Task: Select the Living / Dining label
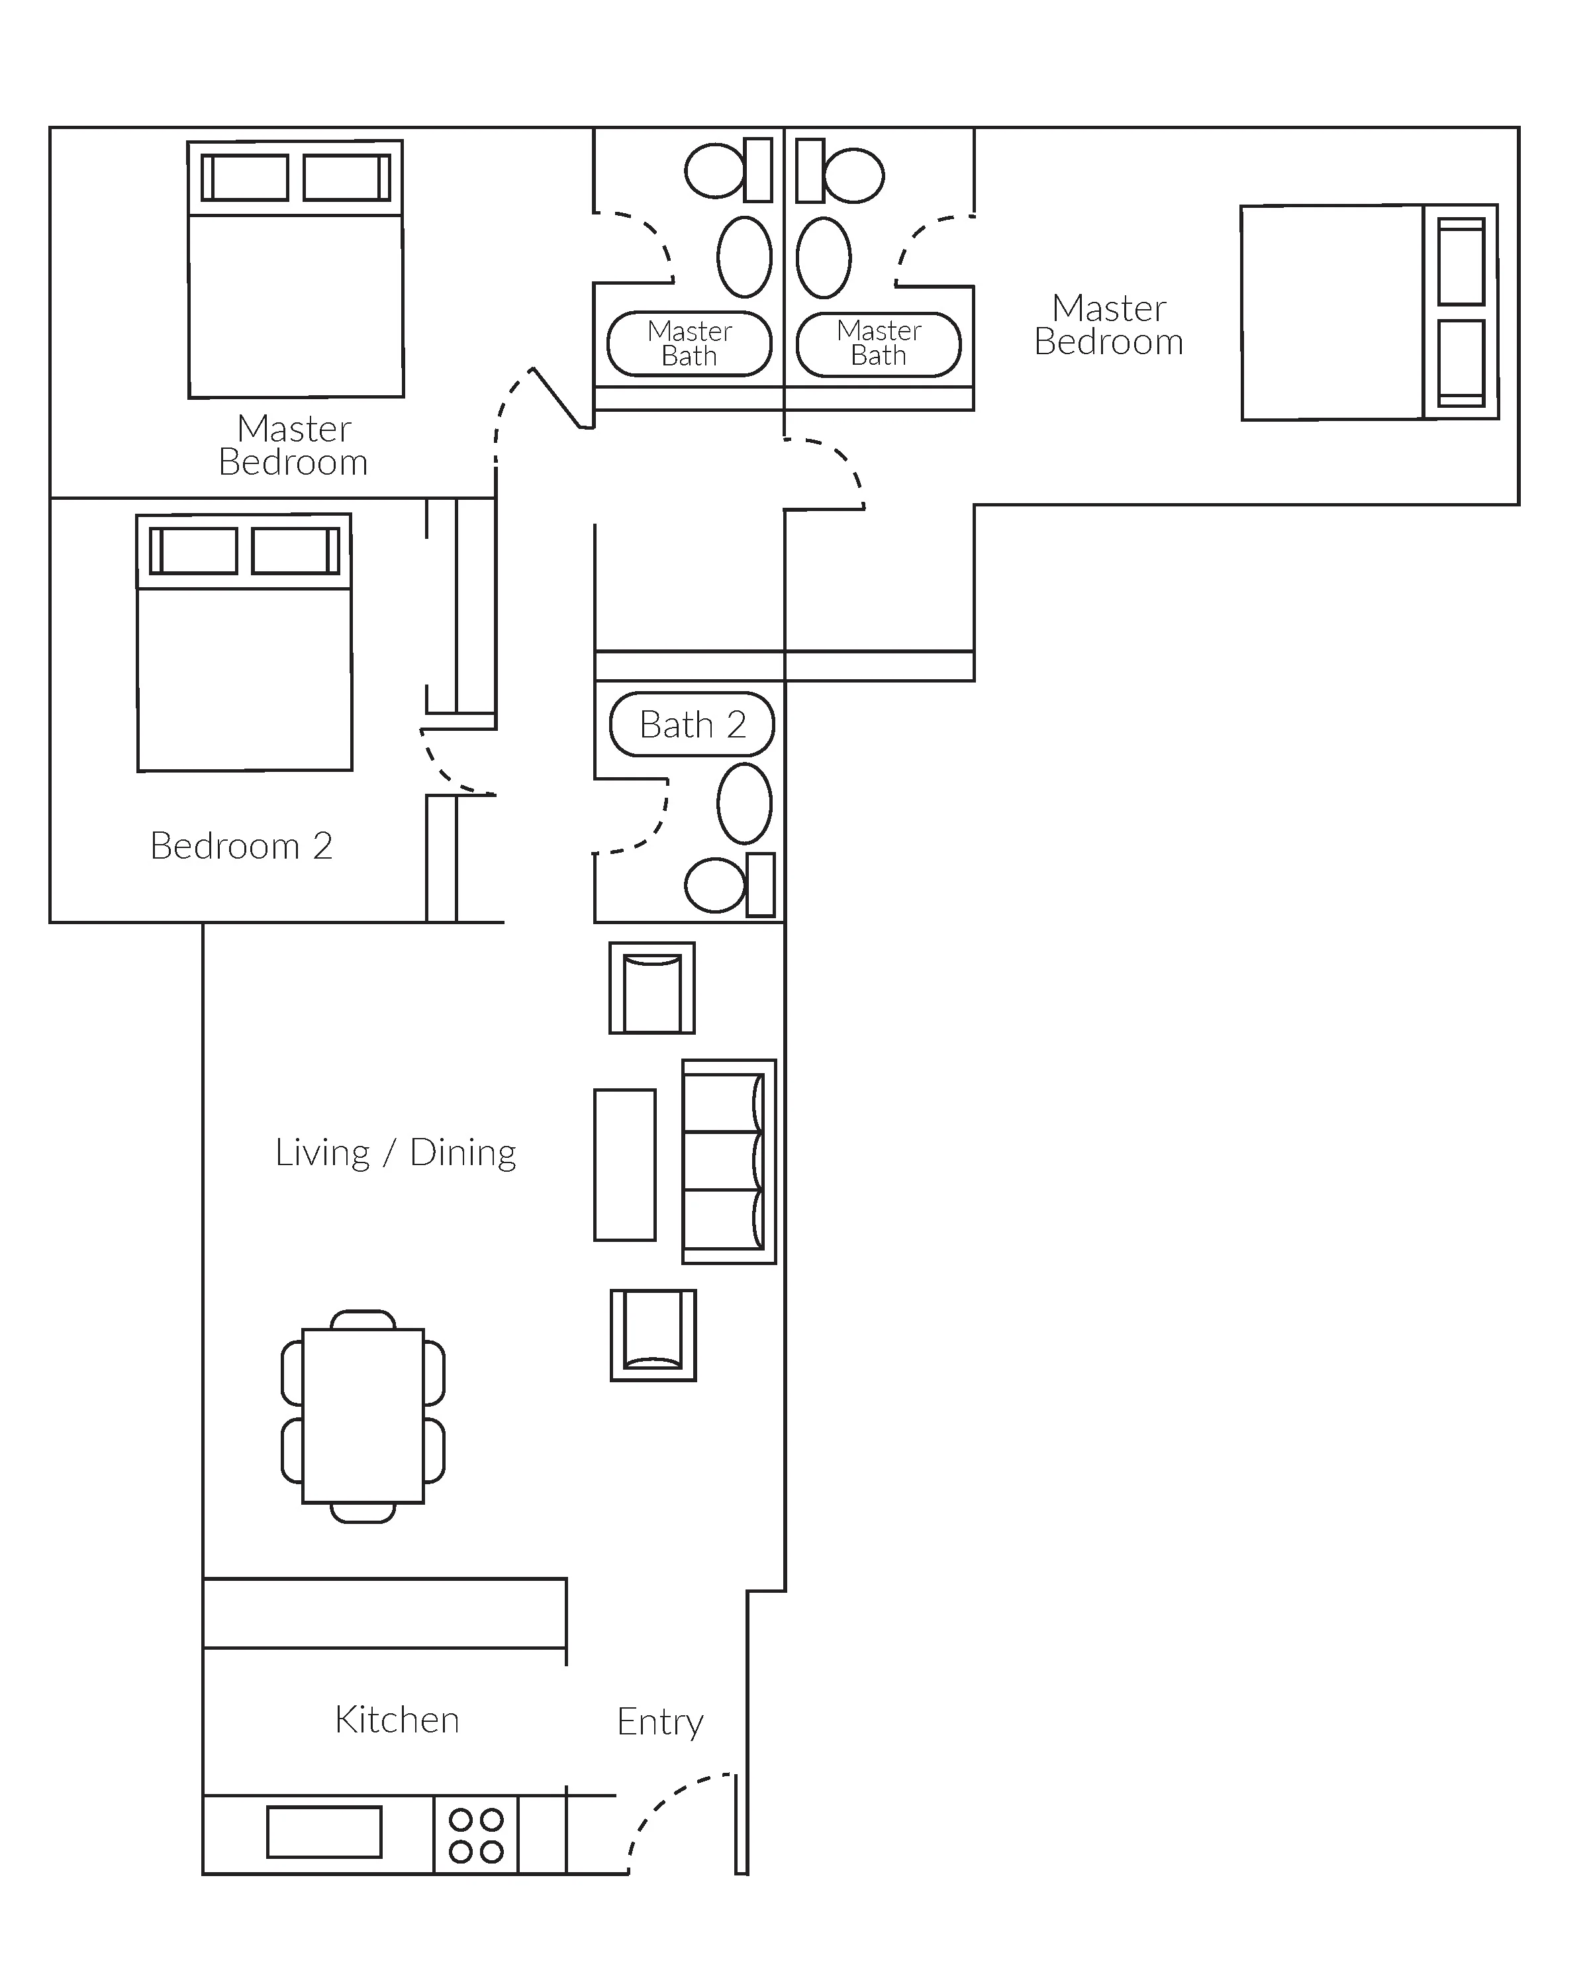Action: pyautogui.click(x=395, y=1153)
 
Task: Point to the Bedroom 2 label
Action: pyautogui.click(x=242, y=845)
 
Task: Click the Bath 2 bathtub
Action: pyautogui.click(x=692, y=724)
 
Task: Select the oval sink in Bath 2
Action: pyautogui.click(x=744, y=803)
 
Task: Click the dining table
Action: pyautogui.click(x=363, y=1416)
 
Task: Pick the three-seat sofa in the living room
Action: pyautogui.click(x=729, y=1162)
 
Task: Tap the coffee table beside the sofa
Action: pyautogui.click(x=624, y=1165)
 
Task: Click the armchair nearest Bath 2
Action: pyautogui.click(x=651, y=988)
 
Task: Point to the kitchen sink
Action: pyautogui.click(x=324, y=1832)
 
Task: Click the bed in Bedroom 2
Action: pyautogui.click(x=244, y=642)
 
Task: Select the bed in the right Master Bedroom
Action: pyautogui.click(x=1370, y=312)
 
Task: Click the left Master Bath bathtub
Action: pyautogui.click(x=689, y=344)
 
